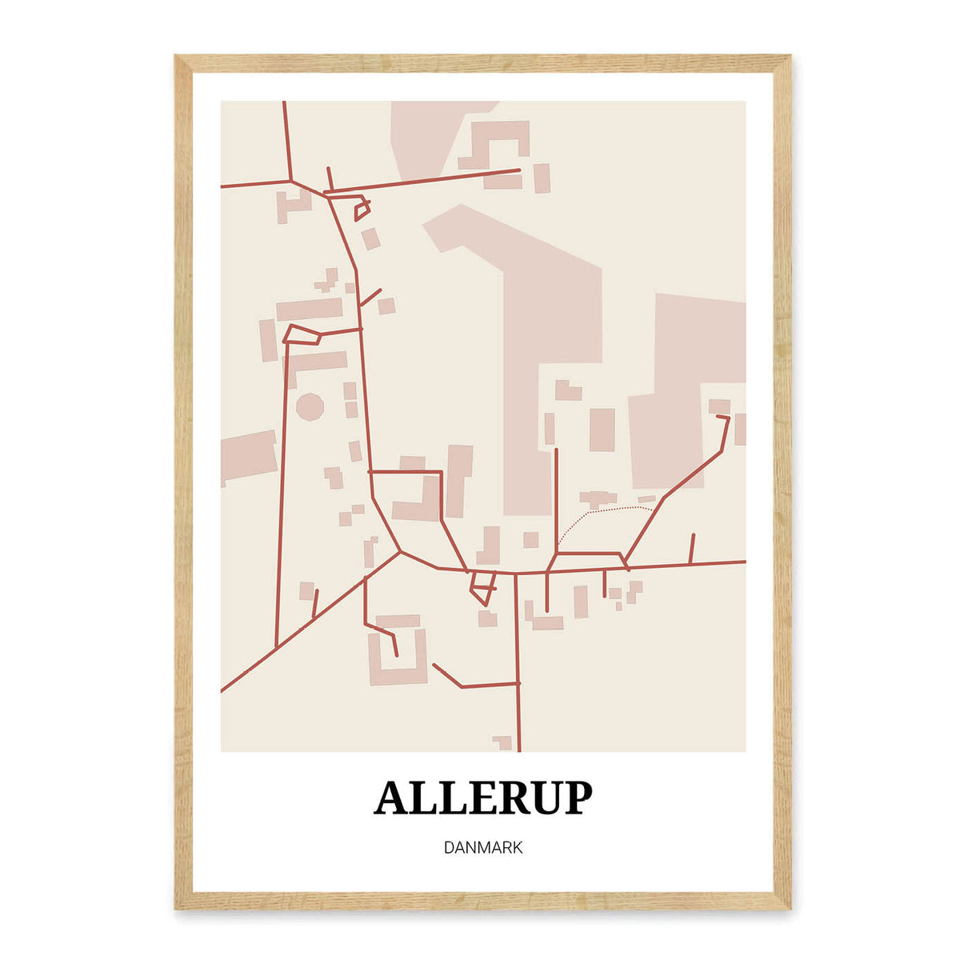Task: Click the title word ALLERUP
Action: [x=483, y=798]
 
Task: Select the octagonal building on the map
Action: [x=310, y=406]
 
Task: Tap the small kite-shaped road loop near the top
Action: [x=362, y=210]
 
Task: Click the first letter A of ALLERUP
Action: [x=392, y=798]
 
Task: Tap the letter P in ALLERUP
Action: [x=575, y=798]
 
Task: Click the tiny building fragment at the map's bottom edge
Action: [x=503, y=742]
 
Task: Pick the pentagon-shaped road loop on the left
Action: [x=302, y=334]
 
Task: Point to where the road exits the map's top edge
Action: [x=284, y=103]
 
